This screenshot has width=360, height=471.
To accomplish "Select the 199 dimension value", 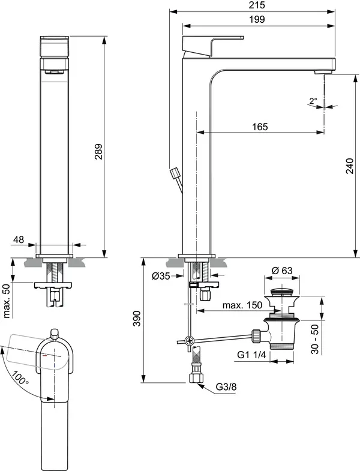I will point(259,19).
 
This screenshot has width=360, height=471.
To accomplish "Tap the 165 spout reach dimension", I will point(259,126).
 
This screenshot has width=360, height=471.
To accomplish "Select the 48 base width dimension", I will point(18,240).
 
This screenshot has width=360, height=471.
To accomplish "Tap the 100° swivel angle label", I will point(19,379).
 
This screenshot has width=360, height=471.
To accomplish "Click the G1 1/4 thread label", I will point(251,355).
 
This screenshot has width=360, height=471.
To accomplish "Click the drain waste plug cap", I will point(283,295).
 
